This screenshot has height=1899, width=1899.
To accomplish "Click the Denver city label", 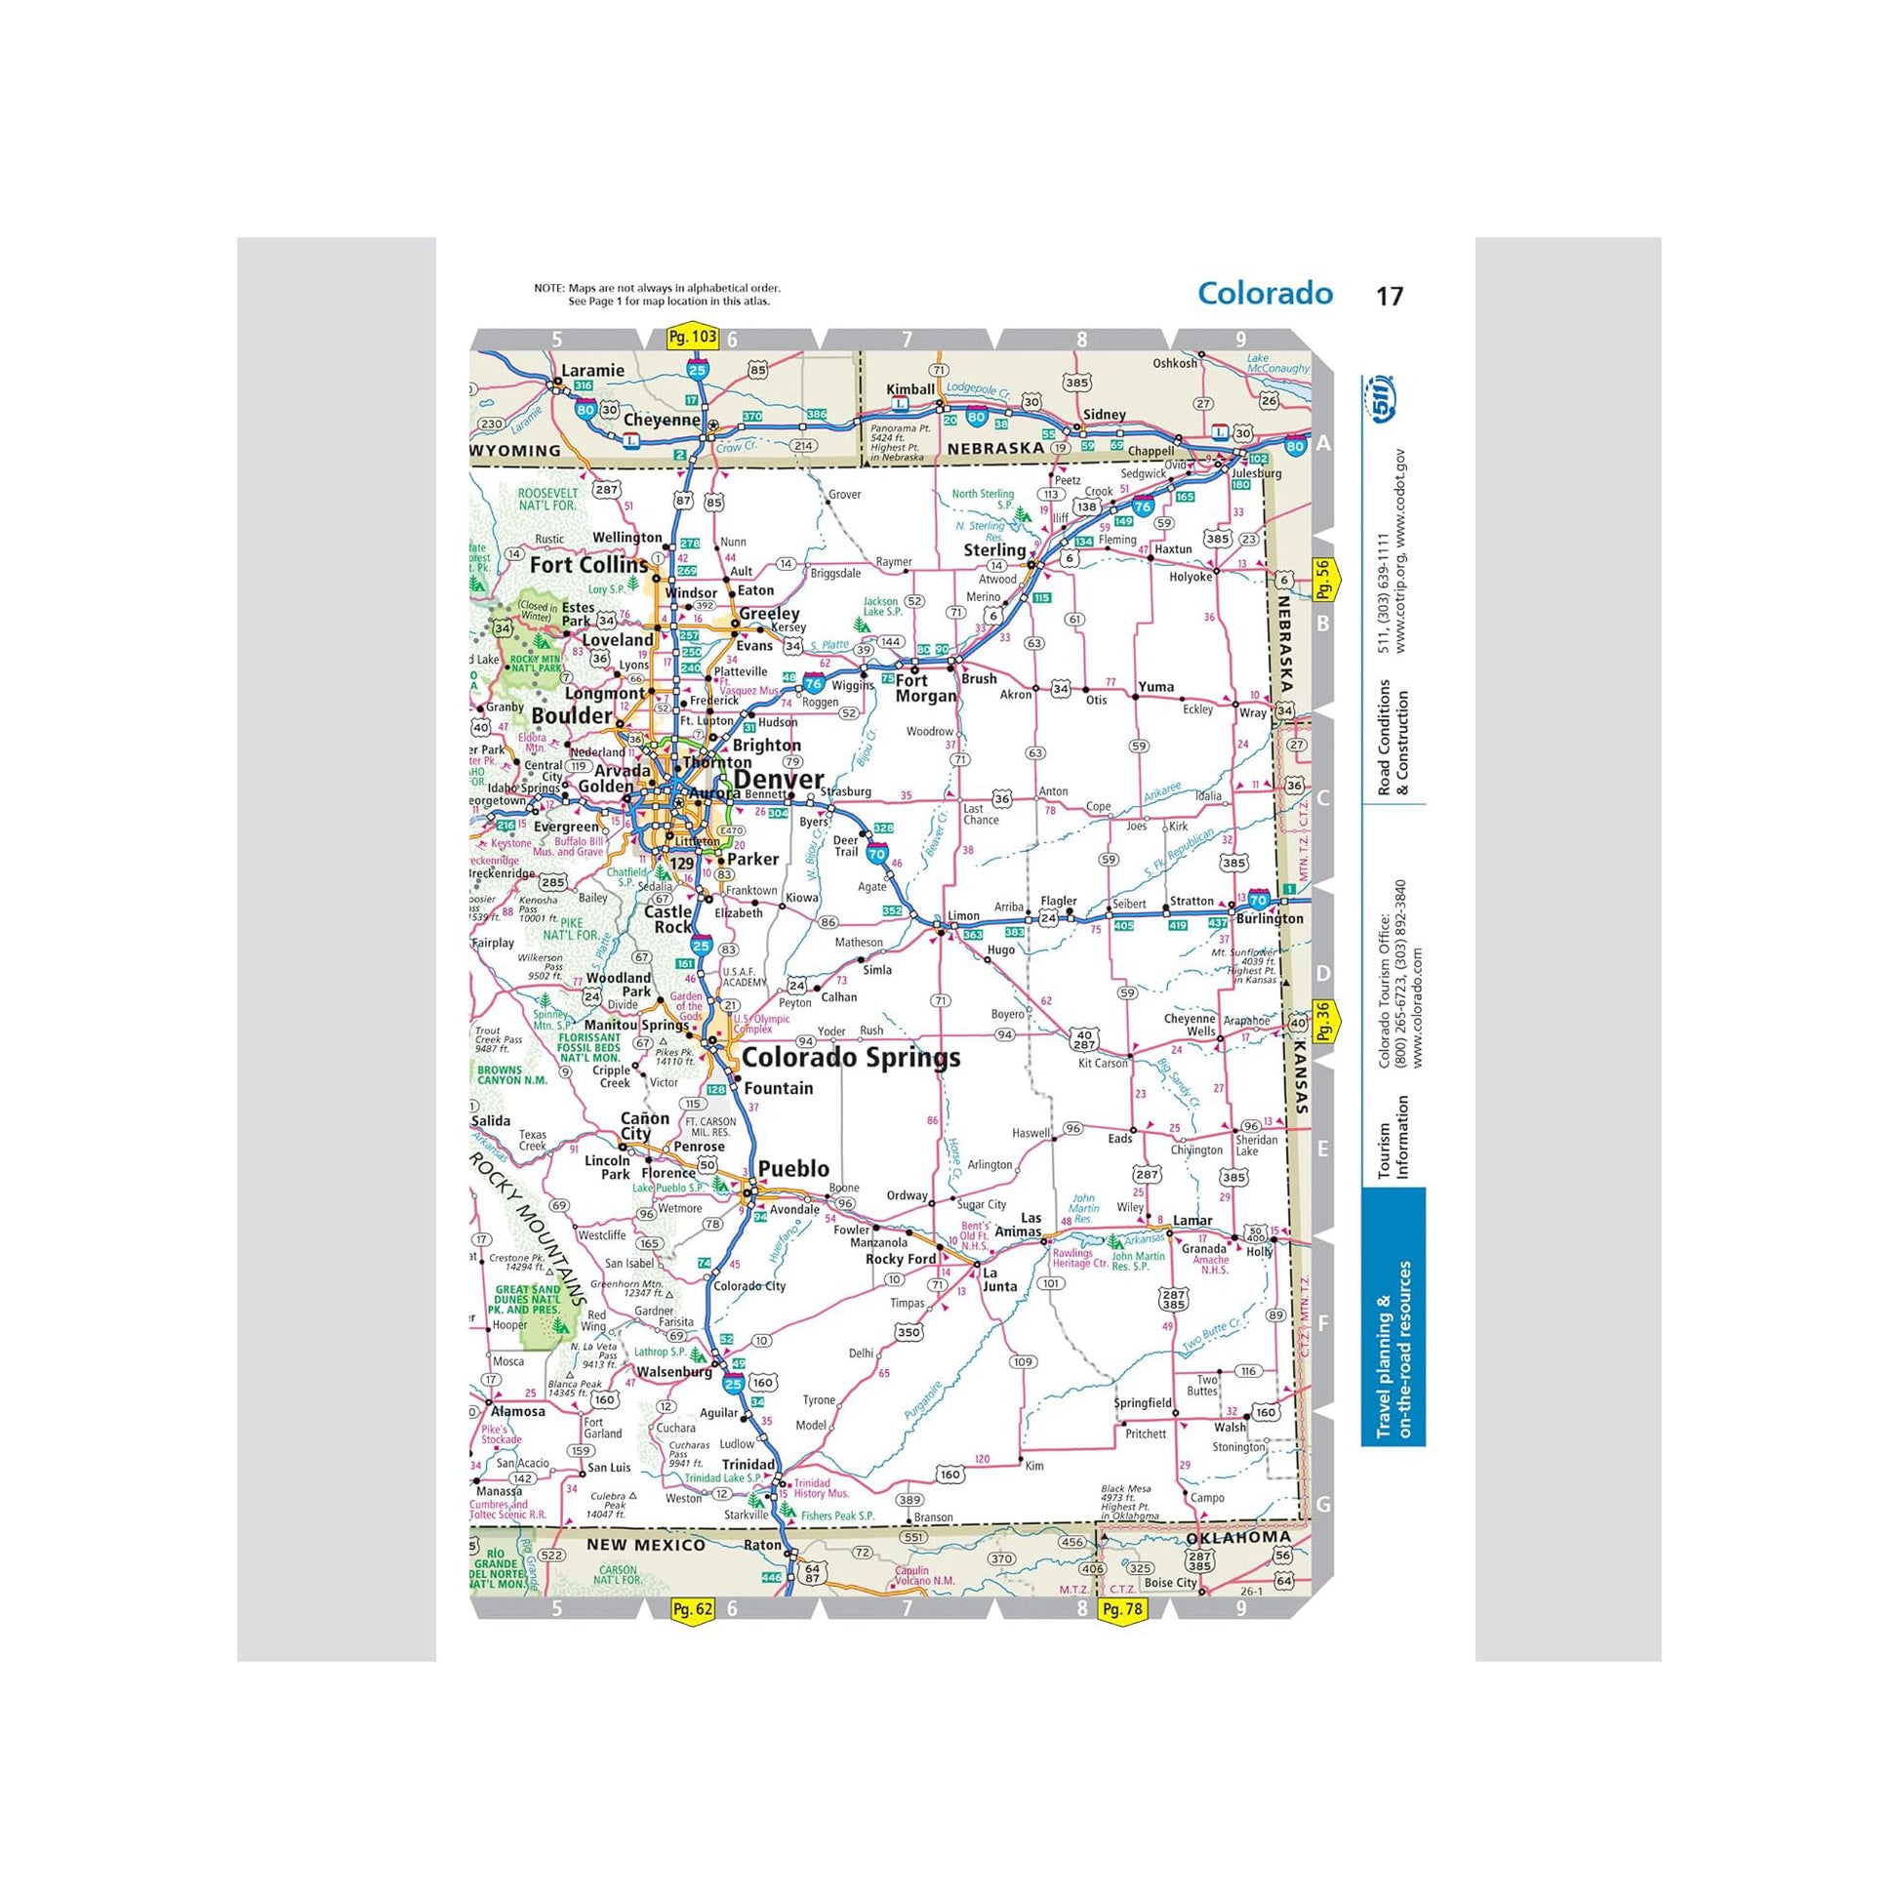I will (x=779, y=781).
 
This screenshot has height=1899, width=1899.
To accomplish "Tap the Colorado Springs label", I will (x=850, y=1058).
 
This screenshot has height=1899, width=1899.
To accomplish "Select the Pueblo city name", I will (x=793, y=1169).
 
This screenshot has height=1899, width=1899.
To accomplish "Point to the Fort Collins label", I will (x=588, y=565).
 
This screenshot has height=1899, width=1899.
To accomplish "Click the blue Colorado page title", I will (x=1265, y=293).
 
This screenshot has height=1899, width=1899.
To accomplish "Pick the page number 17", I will (x=1389, y=296).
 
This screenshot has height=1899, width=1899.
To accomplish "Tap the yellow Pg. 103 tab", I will (x=692, y=337).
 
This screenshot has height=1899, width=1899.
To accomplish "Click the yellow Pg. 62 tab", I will (x=691, y=1609).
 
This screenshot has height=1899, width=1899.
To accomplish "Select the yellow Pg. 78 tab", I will (x=1122, y=1609).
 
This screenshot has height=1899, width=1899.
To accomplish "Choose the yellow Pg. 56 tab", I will (x=1323, y=580).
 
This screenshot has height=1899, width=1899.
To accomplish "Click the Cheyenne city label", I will (x=662, y=420).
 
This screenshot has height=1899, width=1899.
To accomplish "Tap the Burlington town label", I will (x=1269, y=919).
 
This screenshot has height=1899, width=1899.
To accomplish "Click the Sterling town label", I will (x=993, y=549).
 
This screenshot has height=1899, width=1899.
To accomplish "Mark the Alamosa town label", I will (x=517, y=1411).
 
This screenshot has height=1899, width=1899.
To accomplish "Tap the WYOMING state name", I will (x=517, y=450).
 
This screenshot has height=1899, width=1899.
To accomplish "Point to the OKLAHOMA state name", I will (x=1238, y=1537).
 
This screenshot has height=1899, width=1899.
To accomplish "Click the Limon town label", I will (x=963, y=915).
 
